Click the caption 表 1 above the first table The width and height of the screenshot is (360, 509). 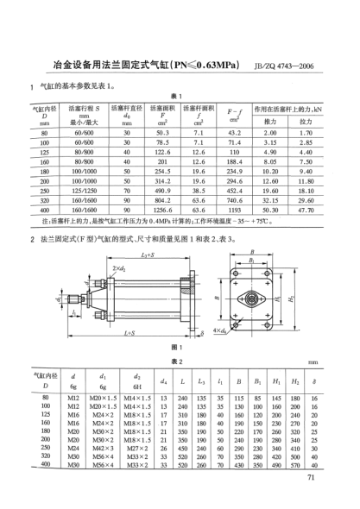tap(180, 95)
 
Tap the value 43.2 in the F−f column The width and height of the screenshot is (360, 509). tap(233, 133)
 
